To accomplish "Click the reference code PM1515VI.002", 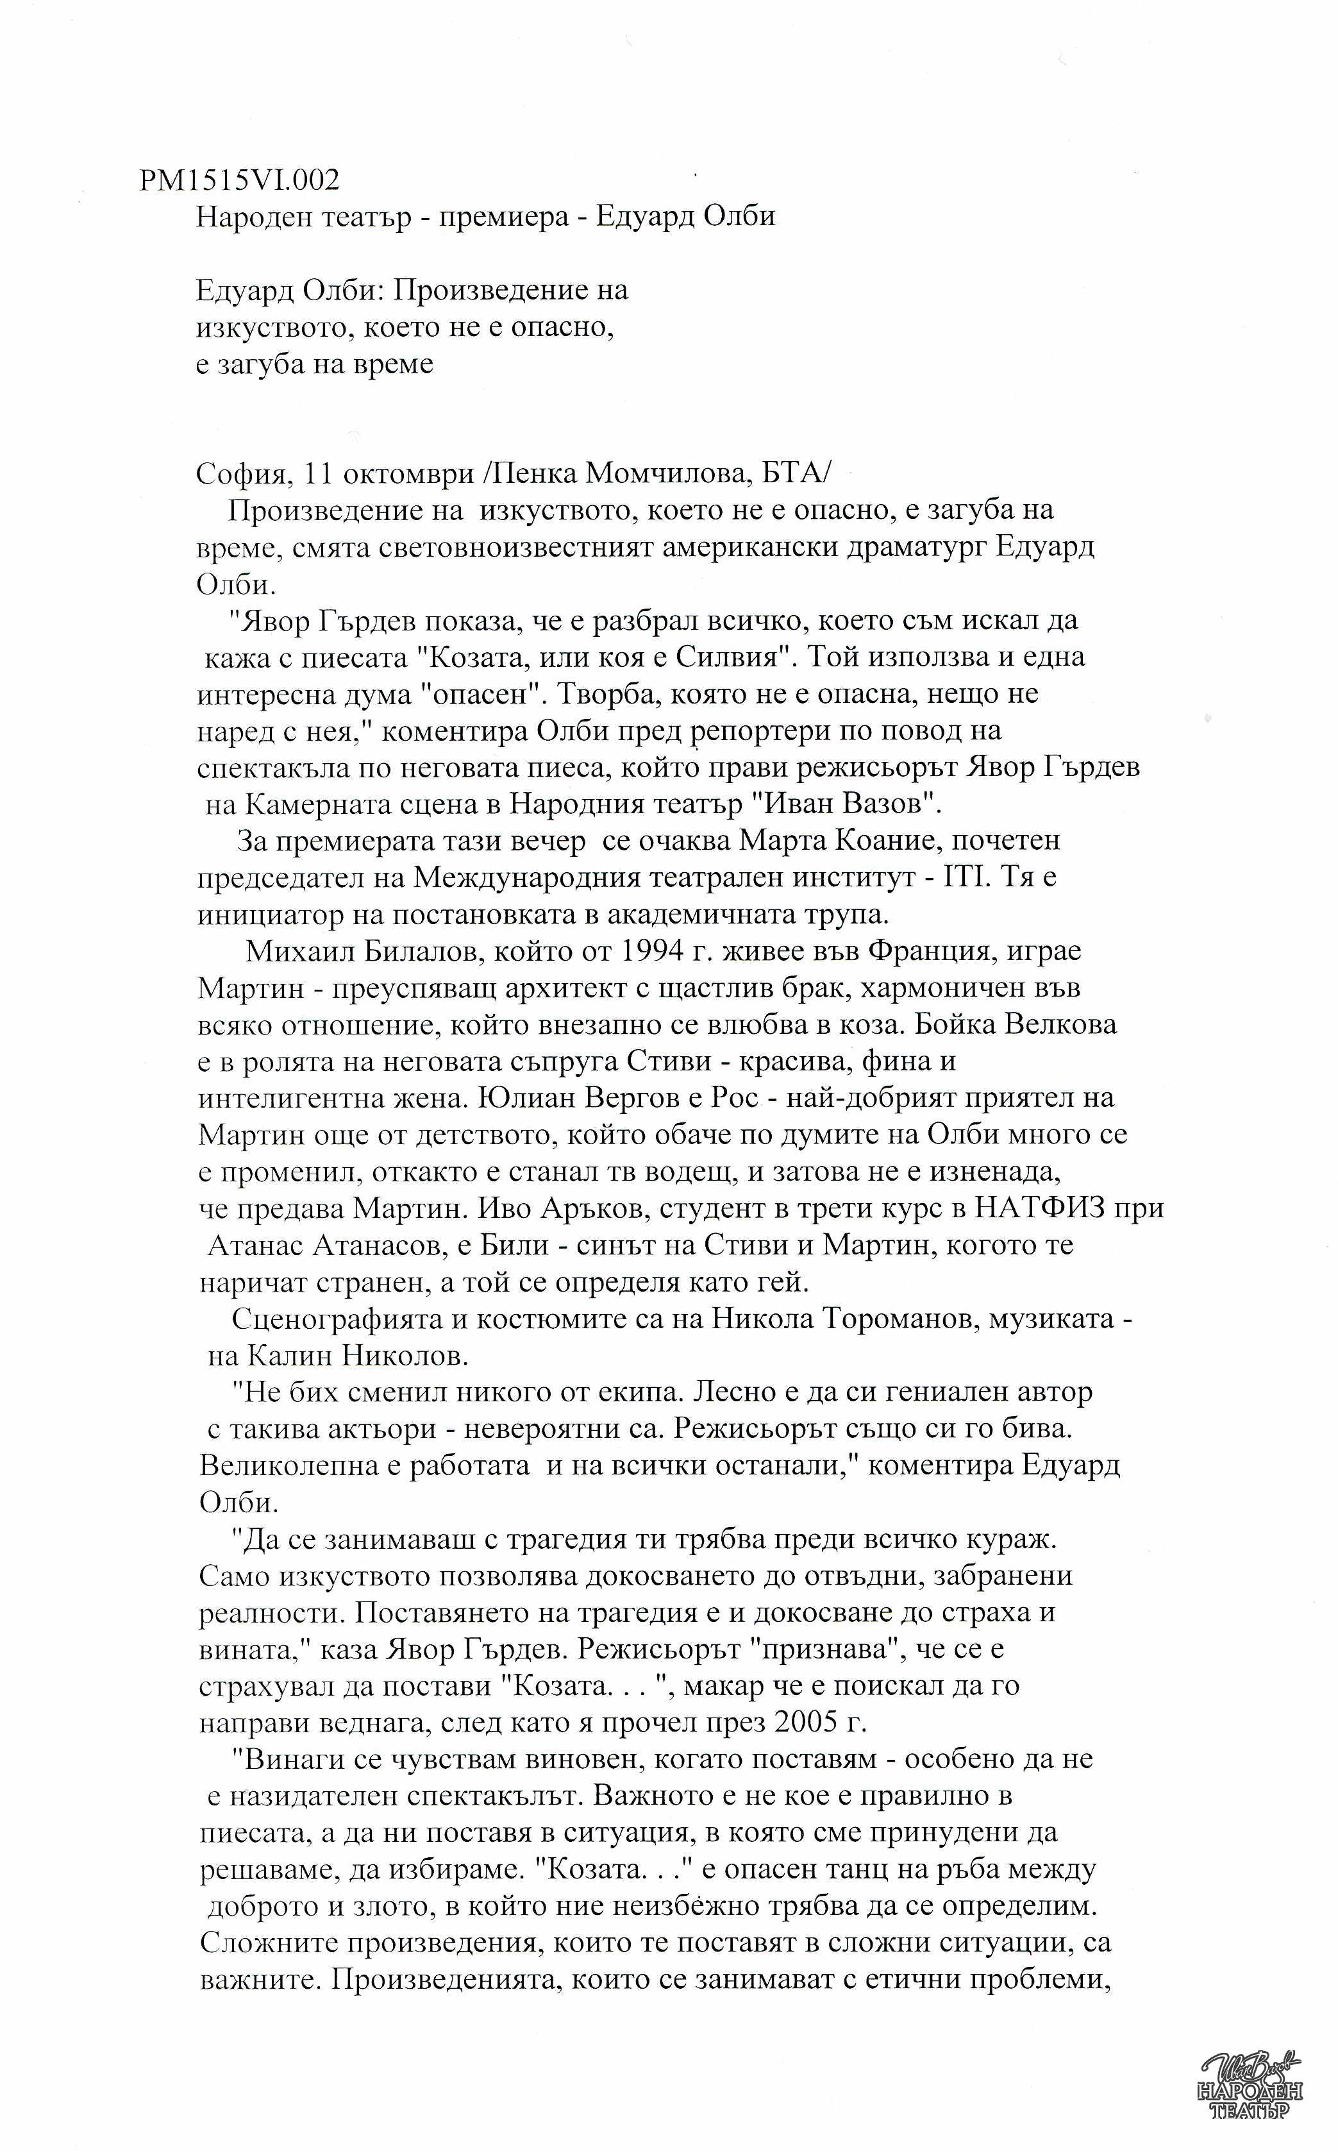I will pos(239,181).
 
